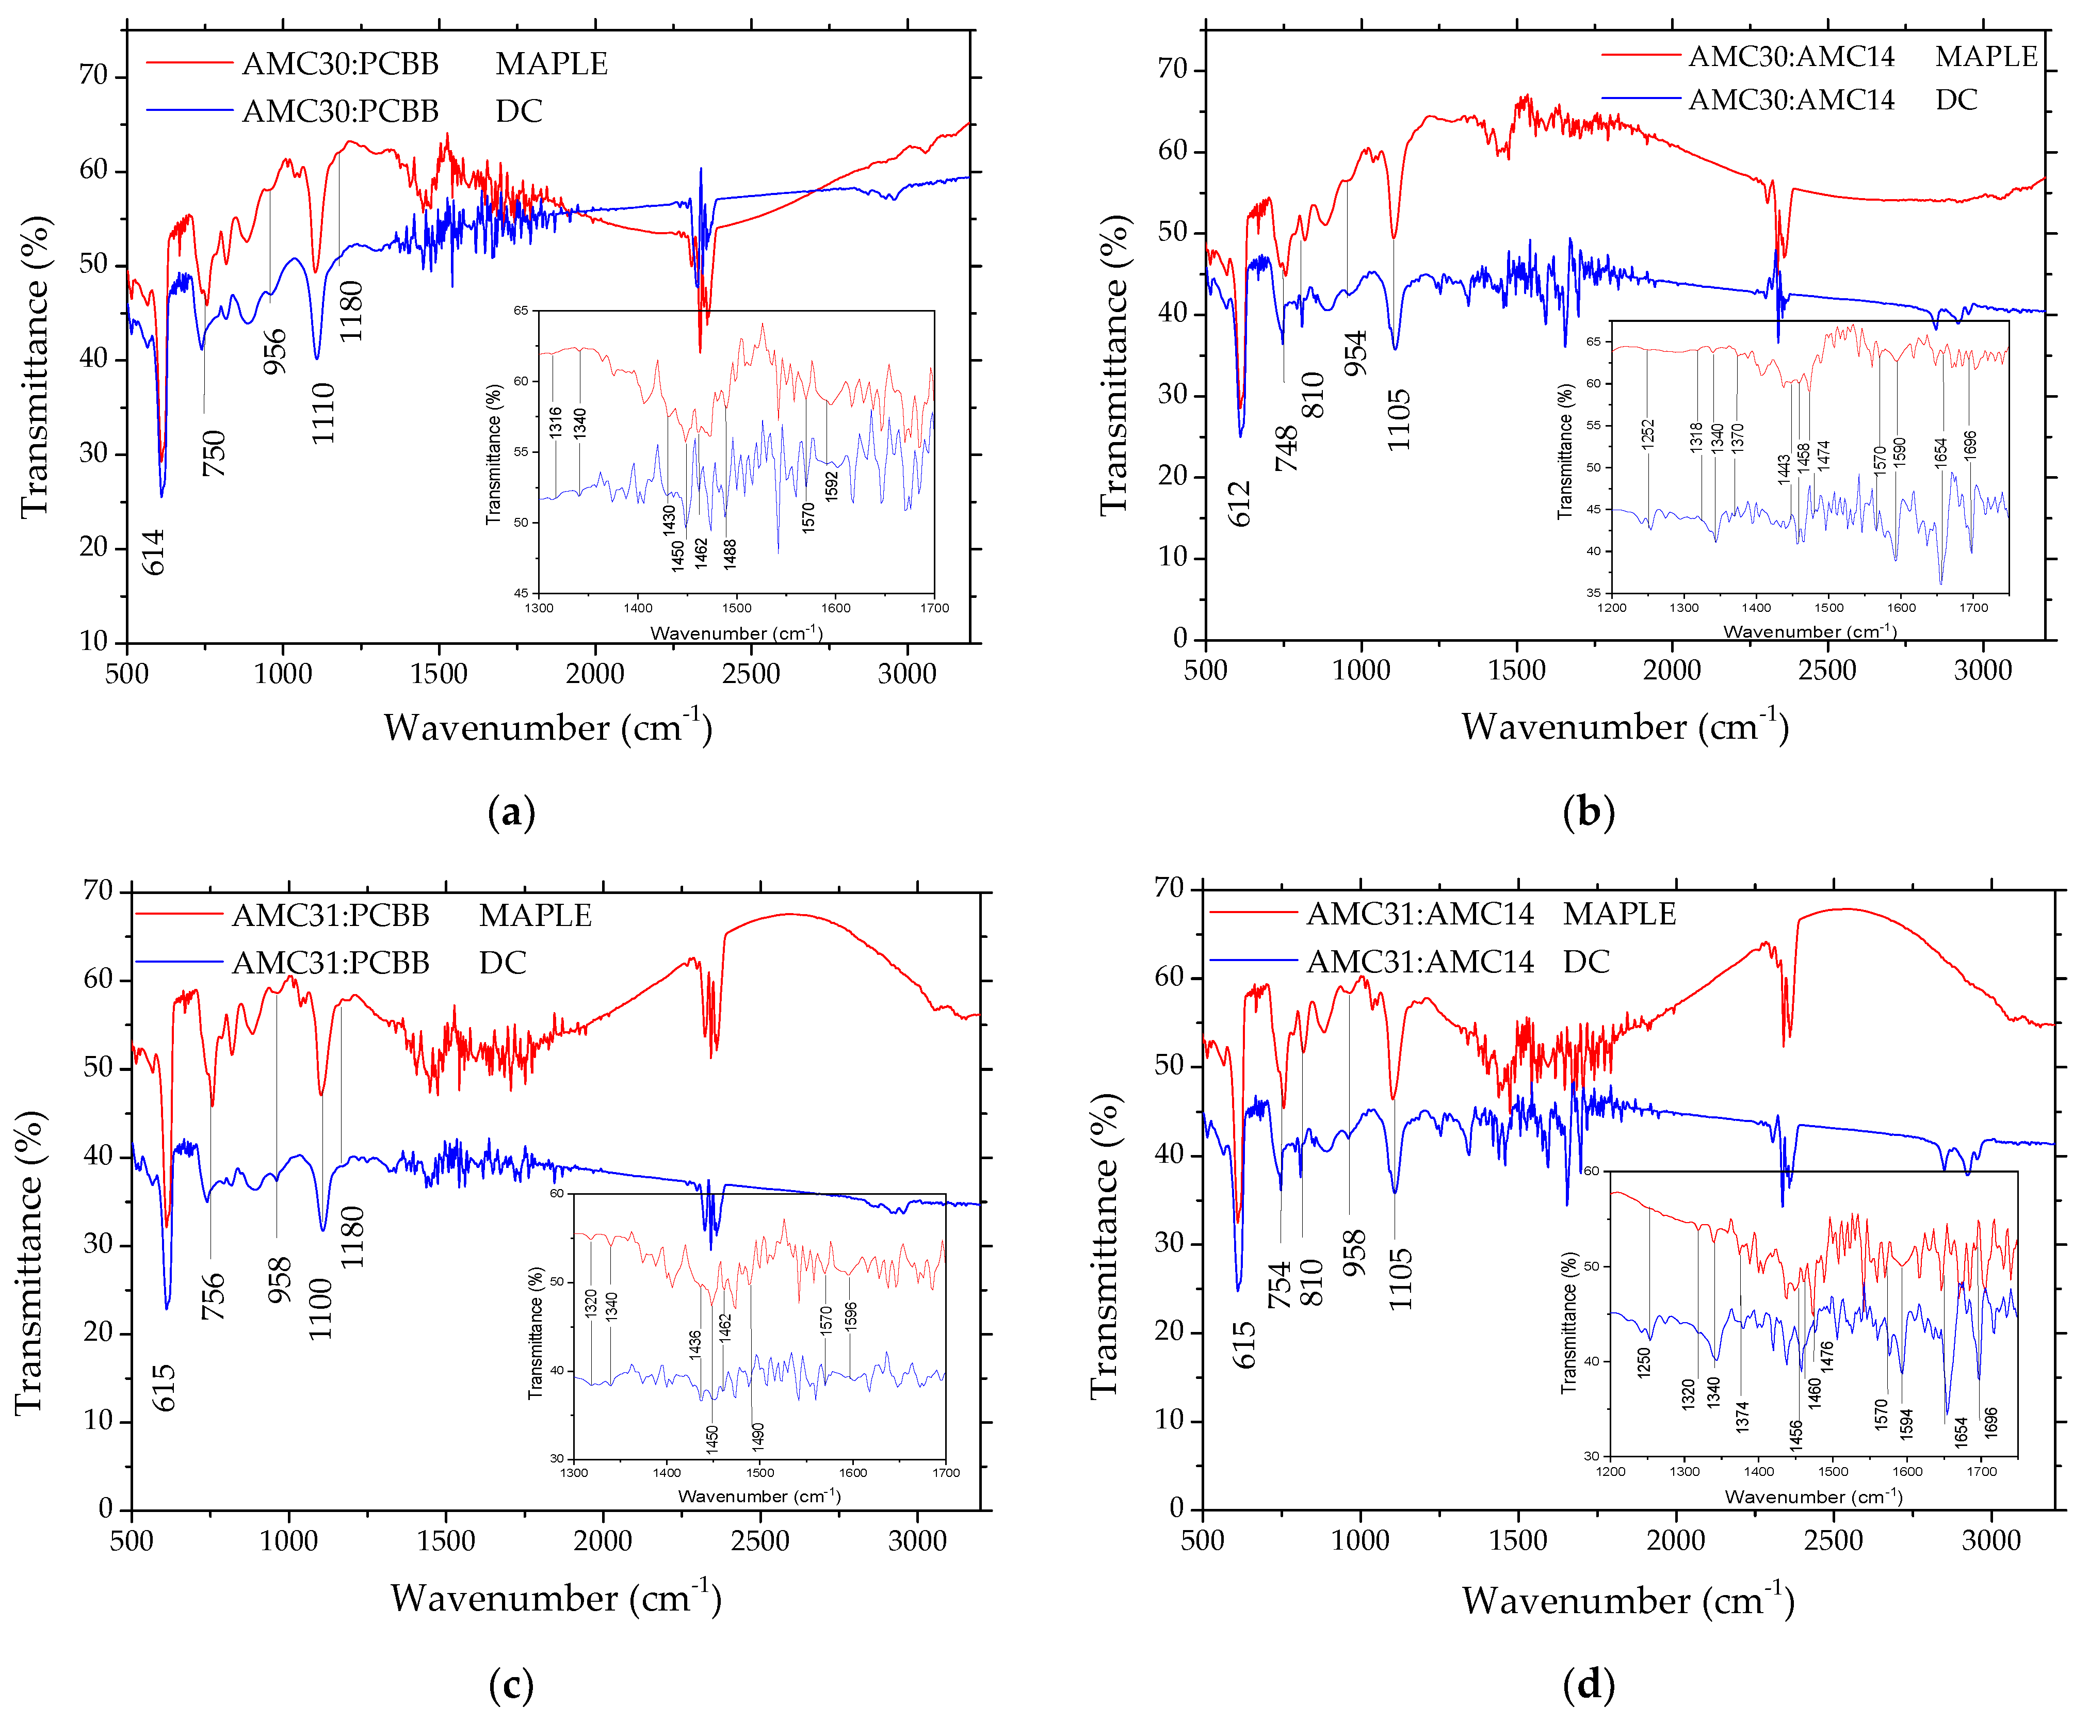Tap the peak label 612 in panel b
point(1239,503)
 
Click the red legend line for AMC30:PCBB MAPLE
point(188,63)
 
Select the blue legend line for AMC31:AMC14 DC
point(1252,961)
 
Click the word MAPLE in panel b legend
point(1986,57)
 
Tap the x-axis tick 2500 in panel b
point(1827,670)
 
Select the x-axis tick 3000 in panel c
point(917,1540)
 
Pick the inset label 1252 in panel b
point(1647,434)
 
